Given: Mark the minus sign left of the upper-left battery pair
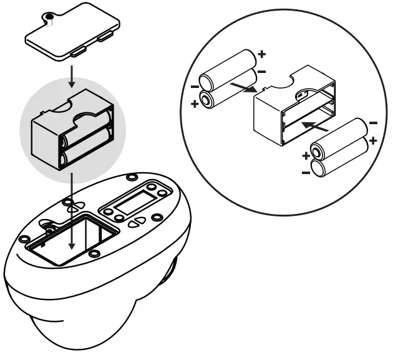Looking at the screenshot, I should tap(195, 86).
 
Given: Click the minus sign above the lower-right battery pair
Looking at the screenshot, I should tap(373, 123).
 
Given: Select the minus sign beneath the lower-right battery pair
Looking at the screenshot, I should tap(305, 172).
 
